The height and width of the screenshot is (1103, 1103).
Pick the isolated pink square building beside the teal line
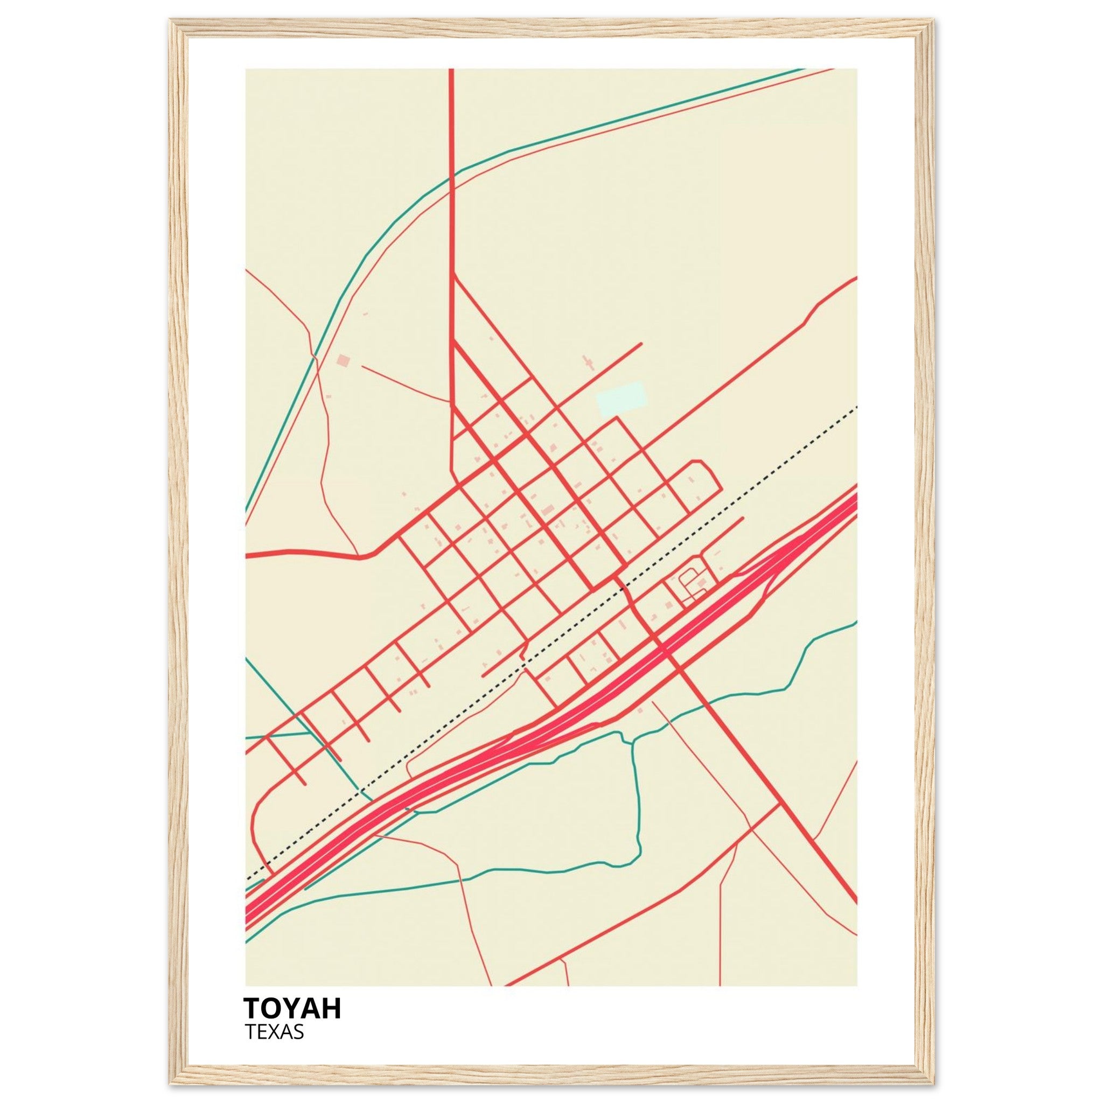(x=343, y=360)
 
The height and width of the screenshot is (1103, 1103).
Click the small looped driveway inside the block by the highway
(x=687, y=582)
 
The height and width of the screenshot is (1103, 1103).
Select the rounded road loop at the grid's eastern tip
(x=711, y=476)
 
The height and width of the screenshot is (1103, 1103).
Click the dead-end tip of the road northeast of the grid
(x=641, y=344)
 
